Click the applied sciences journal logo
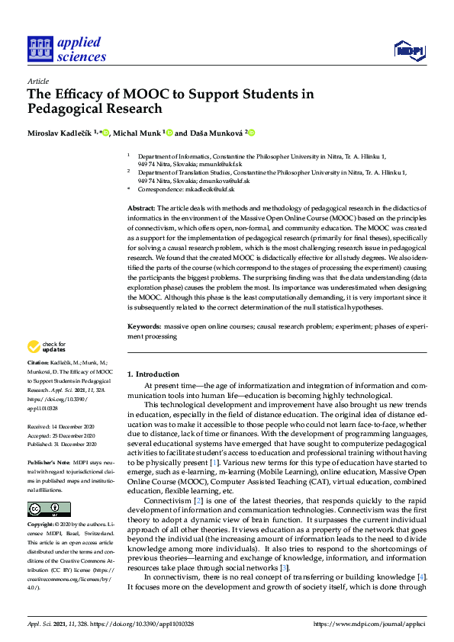[66, 50]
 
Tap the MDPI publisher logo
[408, 51]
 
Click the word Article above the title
[38, 80]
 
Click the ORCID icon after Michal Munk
[169, 132]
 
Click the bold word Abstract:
[141, 207]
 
